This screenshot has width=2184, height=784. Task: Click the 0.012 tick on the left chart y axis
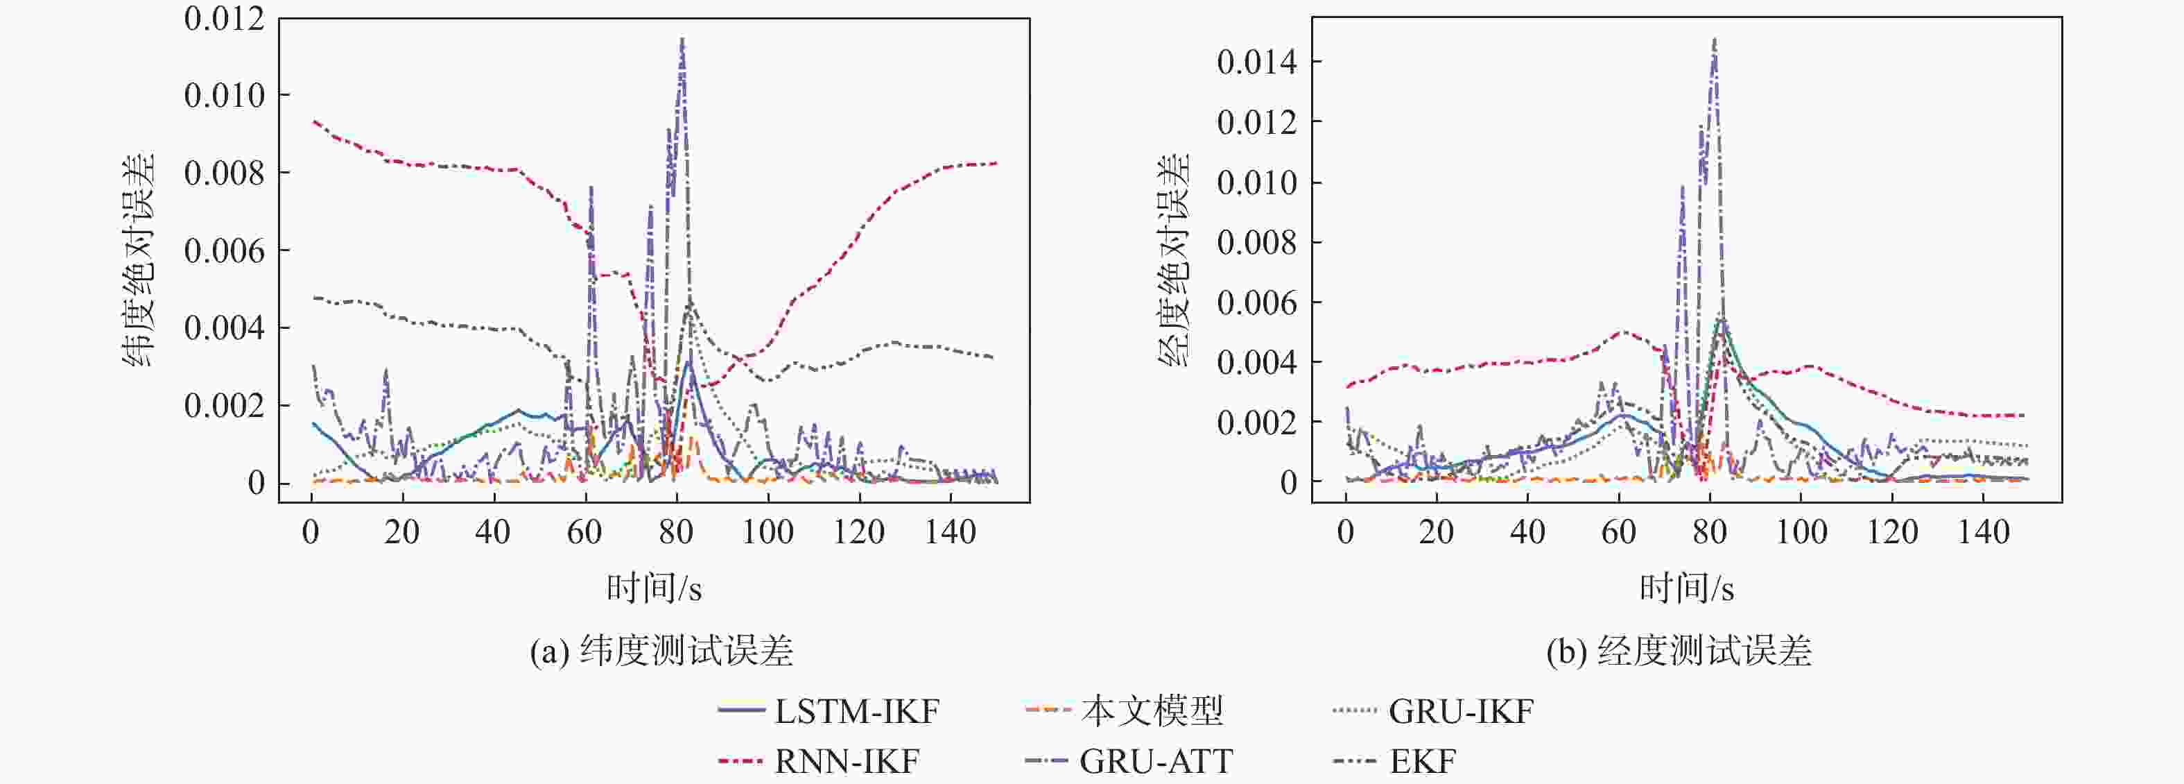click(224, 19)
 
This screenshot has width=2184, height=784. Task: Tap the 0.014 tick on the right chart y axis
click(1256, 62)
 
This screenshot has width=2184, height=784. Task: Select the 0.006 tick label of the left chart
click(224, 251)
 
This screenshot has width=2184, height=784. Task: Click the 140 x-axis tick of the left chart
click(951, 533)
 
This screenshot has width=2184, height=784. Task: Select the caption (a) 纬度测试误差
click(661, 651)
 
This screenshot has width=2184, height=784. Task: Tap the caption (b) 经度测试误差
click(1679, 651)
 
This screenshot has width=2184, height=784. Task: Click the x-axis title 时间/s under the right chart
click(1686, 588)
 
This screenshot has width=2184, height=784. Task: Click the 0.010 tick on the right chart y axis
click(1256, 182)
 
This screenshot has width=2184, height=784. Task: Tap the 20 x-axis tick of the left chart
click(402, 533)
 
